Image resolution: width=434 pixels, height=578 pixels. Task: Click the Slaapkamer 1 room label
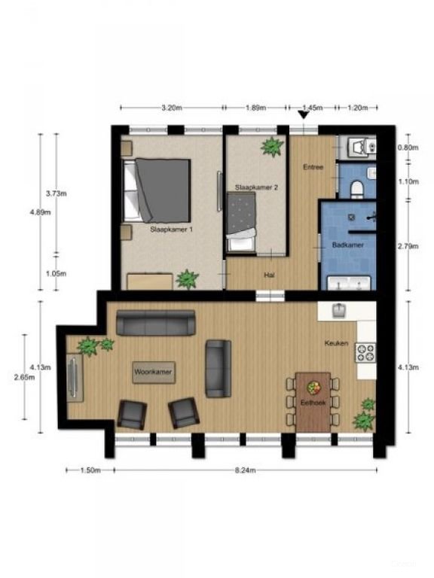[x=171, y=230]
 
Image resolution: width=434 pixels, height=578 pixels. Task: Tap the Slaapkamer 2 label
[x=256, y=187]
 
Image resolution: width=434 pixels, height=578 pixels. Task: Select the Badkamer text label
[x=347, y=245]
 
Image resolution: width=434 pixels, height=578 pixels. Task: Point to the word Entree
[x=313, y=167]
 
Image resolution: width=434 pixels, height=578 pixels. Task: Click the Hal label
[x=269, y=275]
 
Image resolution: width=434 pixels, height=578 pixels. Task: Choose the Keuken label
[x=336, y=343]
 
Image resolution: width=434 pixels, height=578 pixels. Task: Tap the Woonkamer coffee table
[x=154, y=373]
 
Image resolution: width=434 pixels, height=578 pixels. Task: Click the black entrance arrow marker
[x=304, y=115]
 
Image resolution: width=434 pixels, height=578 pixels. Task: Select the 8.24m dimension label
[x=246, y=470]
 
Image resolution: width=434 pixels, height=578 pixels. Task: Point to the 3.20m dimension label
[x=172, y=108]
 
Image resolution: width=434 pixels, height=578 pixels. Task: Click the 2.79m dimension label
[x=408, y=246]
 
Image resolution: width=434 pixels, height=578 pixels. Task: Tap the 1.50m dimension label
[x=90, y=470]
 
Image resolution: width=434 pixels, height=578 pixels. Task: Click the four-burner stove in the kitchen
[x=365, y=352]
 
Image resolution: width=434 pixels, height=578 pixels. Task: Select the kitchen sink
[x=338, y=310]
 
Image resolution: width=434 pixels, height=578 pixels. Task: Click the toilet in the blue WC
[x=357, y=187]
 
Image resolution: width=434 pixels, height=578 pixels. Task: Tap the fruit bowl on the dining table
[x=313, y=388]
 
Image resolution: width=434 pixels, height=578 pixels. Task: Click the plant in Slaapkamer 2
[x=272, y=147]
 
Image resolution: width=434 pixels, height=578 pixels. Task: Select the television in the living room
[x=74, y=377]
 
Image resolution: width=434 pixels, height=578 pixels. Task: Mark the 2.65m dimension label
[x=24, y=377]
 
